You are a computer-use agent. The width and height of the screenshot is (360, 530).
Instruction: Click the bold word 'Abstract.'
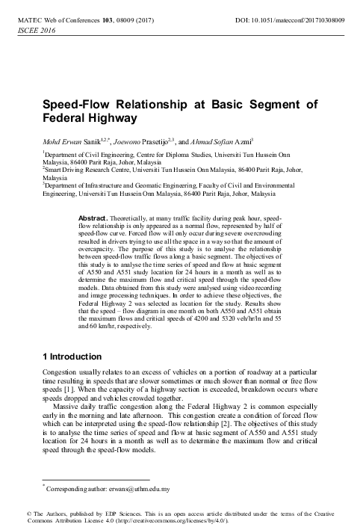(x=94, y=216)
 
